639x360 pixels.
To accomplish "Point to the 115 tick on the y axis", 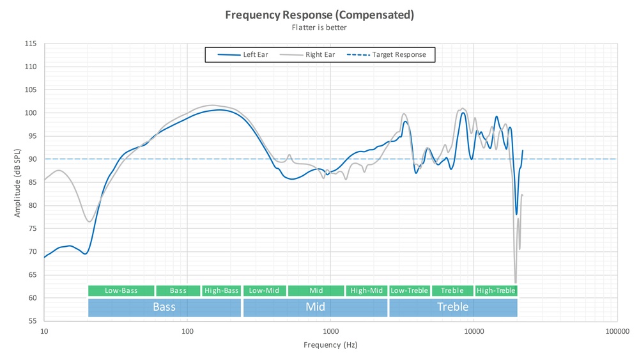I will point(31,44).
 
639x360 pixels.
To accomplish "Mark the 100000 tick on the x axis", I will point(617,331).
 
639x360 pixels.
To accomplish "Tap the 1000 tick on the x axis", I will point(330,331).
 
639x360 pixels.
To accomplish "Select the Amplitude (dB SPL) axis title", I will point(17,182).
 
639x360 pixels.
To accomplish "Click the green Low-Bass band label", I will point(121,291).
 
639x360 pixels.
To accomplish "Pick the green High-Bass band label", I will point(221,291).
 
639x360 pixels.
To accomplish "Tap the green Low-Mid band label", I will point(265,291).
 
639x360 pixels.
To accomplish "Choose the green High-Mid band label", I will point(367,291).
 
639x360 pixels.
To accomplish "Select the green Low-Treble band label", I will point(409,291).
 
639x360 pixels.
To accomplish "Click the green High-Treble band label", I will point(496,291).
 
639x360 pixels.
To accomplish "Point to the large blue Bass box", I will point(164,307).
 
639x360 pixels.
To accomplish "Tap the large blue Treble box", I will point(452,307).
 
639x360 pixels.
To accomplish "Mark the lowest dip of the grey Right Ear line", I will point(515,283).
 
